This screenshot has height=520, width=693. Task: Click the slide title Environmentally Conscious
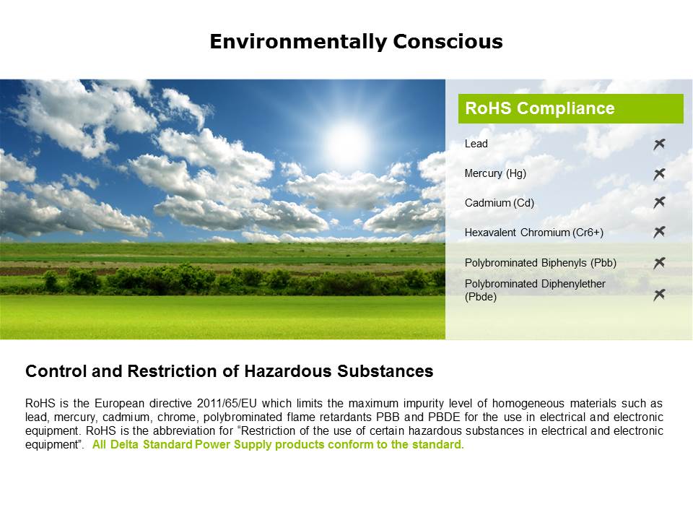tap(356, 42)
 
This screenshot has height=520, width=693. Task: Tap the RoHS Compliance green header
tap(570, 109)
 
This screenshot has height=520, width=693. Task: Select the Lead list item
tap(476, 144)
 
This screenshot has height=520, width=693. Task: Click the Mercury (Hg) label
tap(495, 173)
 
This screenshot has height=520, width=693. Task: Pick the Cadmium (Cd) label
tap(500, 203)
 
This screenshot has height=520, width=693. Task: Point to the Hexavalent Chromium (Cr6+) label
tap(533, 233)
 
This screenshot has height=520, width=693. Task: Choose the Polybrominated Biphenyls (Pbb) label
tap(540, 263)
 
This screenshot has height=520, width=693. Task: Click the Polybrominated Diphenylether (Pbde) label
tap(535, 290)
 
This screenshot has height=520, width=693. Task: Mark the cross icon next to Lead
tap(659, 144)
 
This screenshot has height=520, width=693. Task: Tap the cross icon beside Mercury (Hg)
tap(659, 174)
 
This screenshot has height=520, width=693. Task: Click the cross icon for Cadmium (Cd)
tap(659, 203)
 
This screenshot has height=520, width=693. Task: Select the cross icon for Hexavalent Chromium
tap(659, 232)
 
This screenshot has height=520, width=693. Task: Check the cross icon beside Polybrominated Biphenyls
tap(659, 263)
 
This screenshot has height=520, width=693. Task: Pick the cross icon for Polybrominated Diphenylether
tap(659, 295)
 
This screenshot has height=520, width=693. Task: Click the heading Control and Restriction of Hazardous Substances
tap(229, 371)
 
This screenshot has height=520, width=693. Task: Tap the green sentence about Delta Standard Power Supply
tap(278, 445)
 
